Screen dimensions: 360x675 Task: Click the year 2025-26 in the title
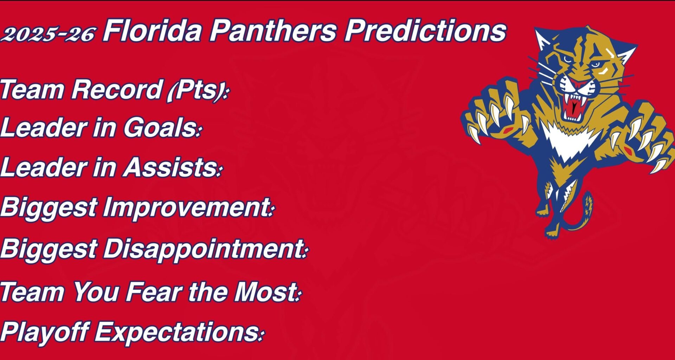point(48,34)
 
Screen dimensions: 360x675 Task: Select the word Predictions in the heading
point(425,31)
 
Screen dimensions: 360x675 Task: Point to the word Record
point(116,89)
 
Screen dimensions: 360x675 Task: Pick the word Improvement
point(187,207)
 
